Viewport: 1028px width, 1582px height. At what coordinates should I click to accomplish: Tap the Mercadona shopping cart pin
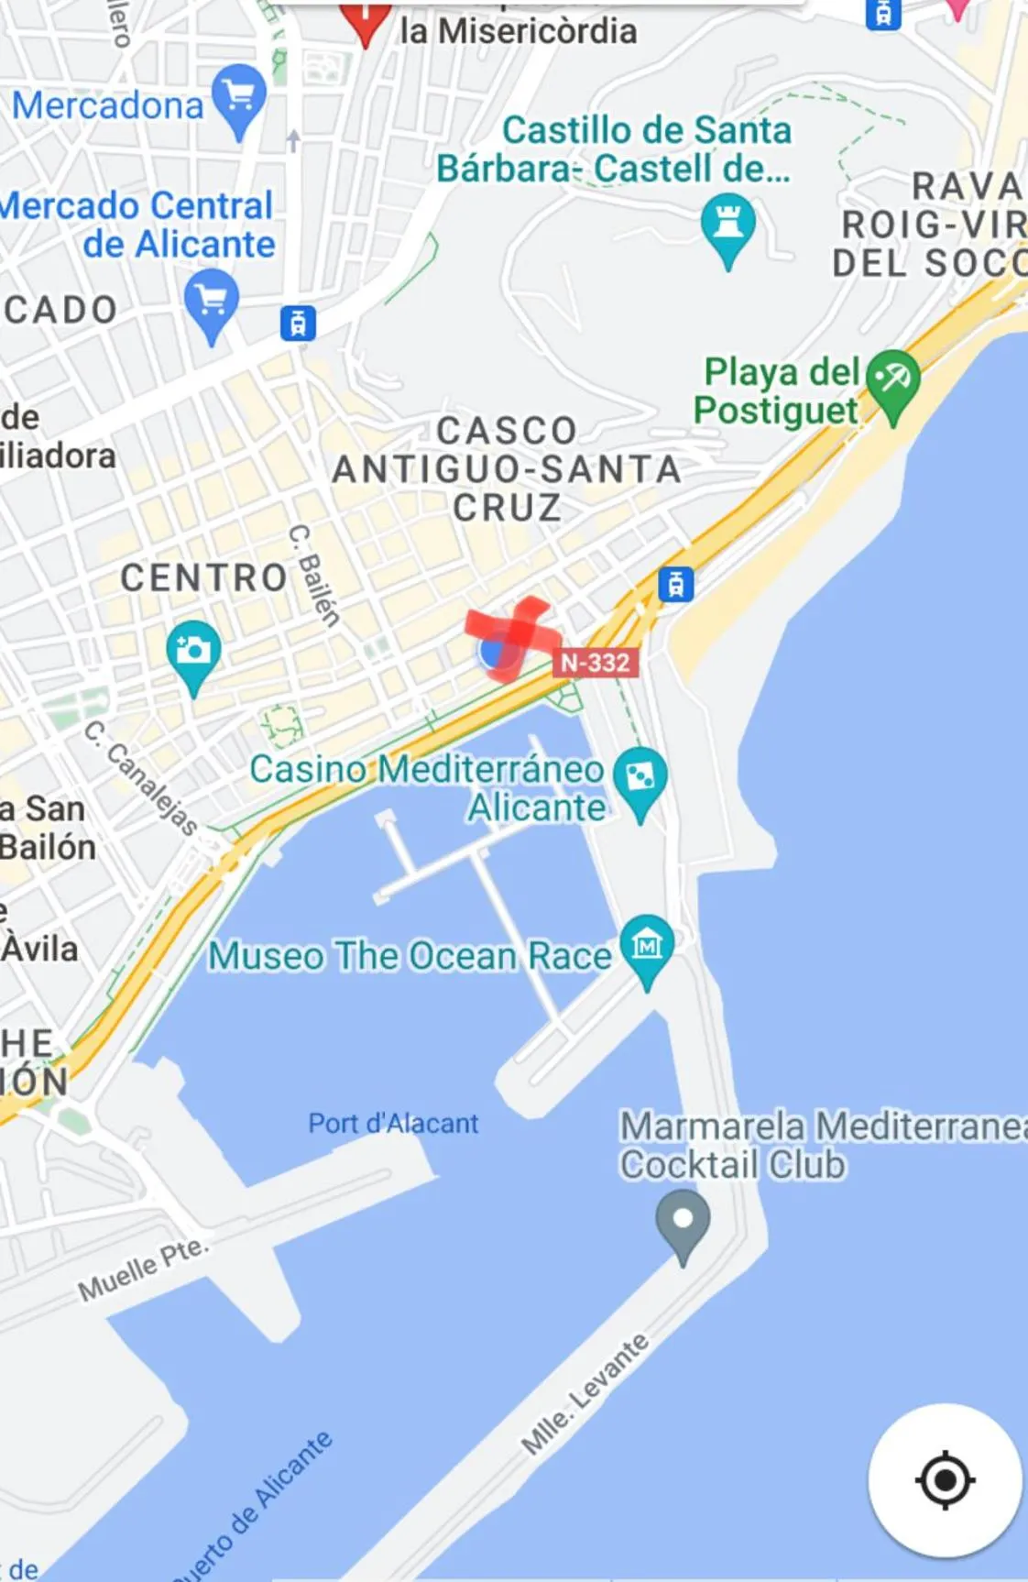[239, 96]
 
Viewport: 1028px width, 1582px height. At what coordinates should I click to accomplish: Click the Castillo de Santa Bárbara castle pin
[727, 225]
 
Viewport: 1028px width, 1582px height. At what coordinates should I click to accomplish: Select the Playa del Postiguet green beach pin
[892, 380]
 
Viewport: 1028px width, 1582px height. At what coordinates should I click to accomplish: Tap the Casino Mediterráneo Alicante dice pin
[640, 778]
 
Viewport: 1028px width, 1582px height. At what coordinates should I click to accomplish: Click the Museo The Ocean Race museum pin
[647, 945]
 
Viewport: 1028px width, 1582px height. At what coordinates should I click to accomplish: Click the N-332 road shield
[595, 663]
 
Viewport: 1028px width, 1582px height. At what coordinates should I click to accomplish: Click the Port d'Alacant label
[393, 1123]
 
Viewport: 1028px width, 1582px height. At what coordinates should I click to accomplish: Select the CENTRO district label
[204, 578]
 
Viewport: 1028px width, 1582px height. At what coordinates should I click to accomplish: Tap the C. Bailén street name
[314, 576]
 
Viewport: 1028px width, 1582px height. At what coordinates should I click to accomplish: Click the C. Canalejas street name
[140, 778]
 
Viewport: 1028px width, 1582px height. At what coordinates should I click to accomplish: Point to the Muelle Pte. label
[143, 1269]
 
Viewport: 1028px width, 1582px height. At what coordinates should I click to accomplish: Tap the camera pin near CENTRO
[193, 652]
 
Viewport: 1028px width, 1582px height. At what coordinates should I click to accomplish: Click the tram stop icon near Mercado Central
[298, 323]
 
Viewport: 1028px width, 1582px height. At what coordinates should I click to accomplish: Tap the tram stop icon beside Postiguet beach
[675, 584]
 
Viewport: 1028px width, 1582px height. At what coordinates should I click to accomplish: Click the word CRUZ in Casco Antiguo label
[507, 508]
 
